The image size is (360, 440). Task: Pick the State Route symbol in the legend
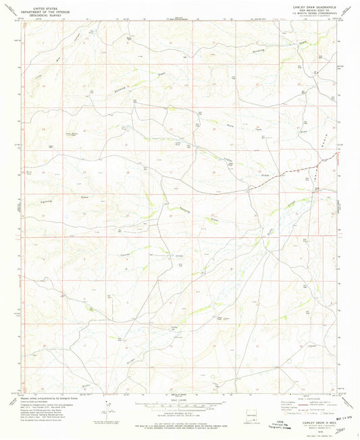pyautogui.click(x=327, y=414)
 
